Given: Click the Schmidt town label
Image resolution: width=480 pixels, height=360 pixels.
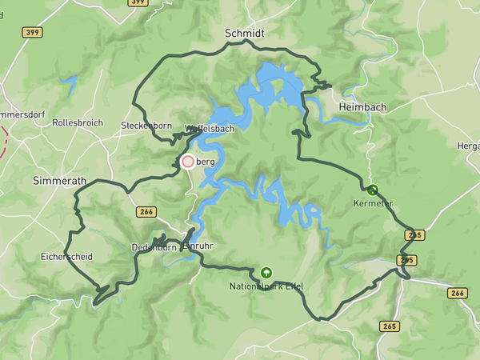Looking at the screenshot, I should tap(245, 33).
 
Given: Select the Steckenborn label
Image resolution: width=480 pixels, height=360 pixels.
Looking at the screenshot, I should tap(146, 126).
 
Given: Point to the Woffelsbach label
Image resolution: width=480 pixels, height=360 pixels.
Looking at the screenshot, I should tap(210, 128).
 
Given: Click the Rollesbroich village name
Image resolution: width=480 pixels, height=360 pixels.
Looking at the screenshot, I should tap(78, 122).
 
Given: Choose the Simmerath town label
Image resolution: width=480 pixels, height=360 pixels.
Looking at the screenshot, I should tap(59, 182).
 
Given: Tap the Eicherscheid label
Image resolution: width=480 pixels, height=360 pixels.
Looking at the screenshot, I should tap(66, 257).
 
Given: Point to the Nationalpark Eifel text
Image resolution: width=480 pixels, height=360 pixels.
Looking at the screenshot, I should tap(266, 286).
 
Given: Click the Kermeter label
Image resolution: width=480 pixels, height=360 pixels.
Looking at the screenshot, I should tap(373, 203).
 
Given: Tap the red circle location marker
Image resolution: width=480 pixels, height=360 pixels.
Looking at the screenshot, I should tap(188, 162).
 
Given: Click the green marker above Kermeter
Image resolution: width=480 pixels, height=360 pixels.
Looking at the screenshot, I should tap(372, 190).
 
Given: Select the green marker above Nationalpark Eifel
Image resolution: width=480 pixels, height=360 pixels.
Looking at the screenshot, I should tap(266, 272).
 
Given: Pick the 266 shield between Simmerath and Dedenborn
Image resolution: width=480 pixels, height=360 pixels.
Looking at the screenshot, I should tap(146, 211).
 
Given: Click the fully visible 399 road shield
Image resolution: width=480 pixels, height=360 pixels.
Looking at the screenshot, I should tap(32, 32).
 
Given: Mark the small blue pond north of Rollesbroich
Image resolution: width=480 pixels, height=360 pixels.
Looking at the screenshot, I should tap(69, 82).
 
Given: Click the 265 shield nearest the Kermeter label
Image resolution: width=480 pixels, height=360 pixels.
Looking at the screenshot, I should tap(414, 234).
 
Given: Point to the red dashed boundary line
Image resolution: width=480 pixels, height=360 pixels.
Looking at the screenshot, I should tap(4, 140).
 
